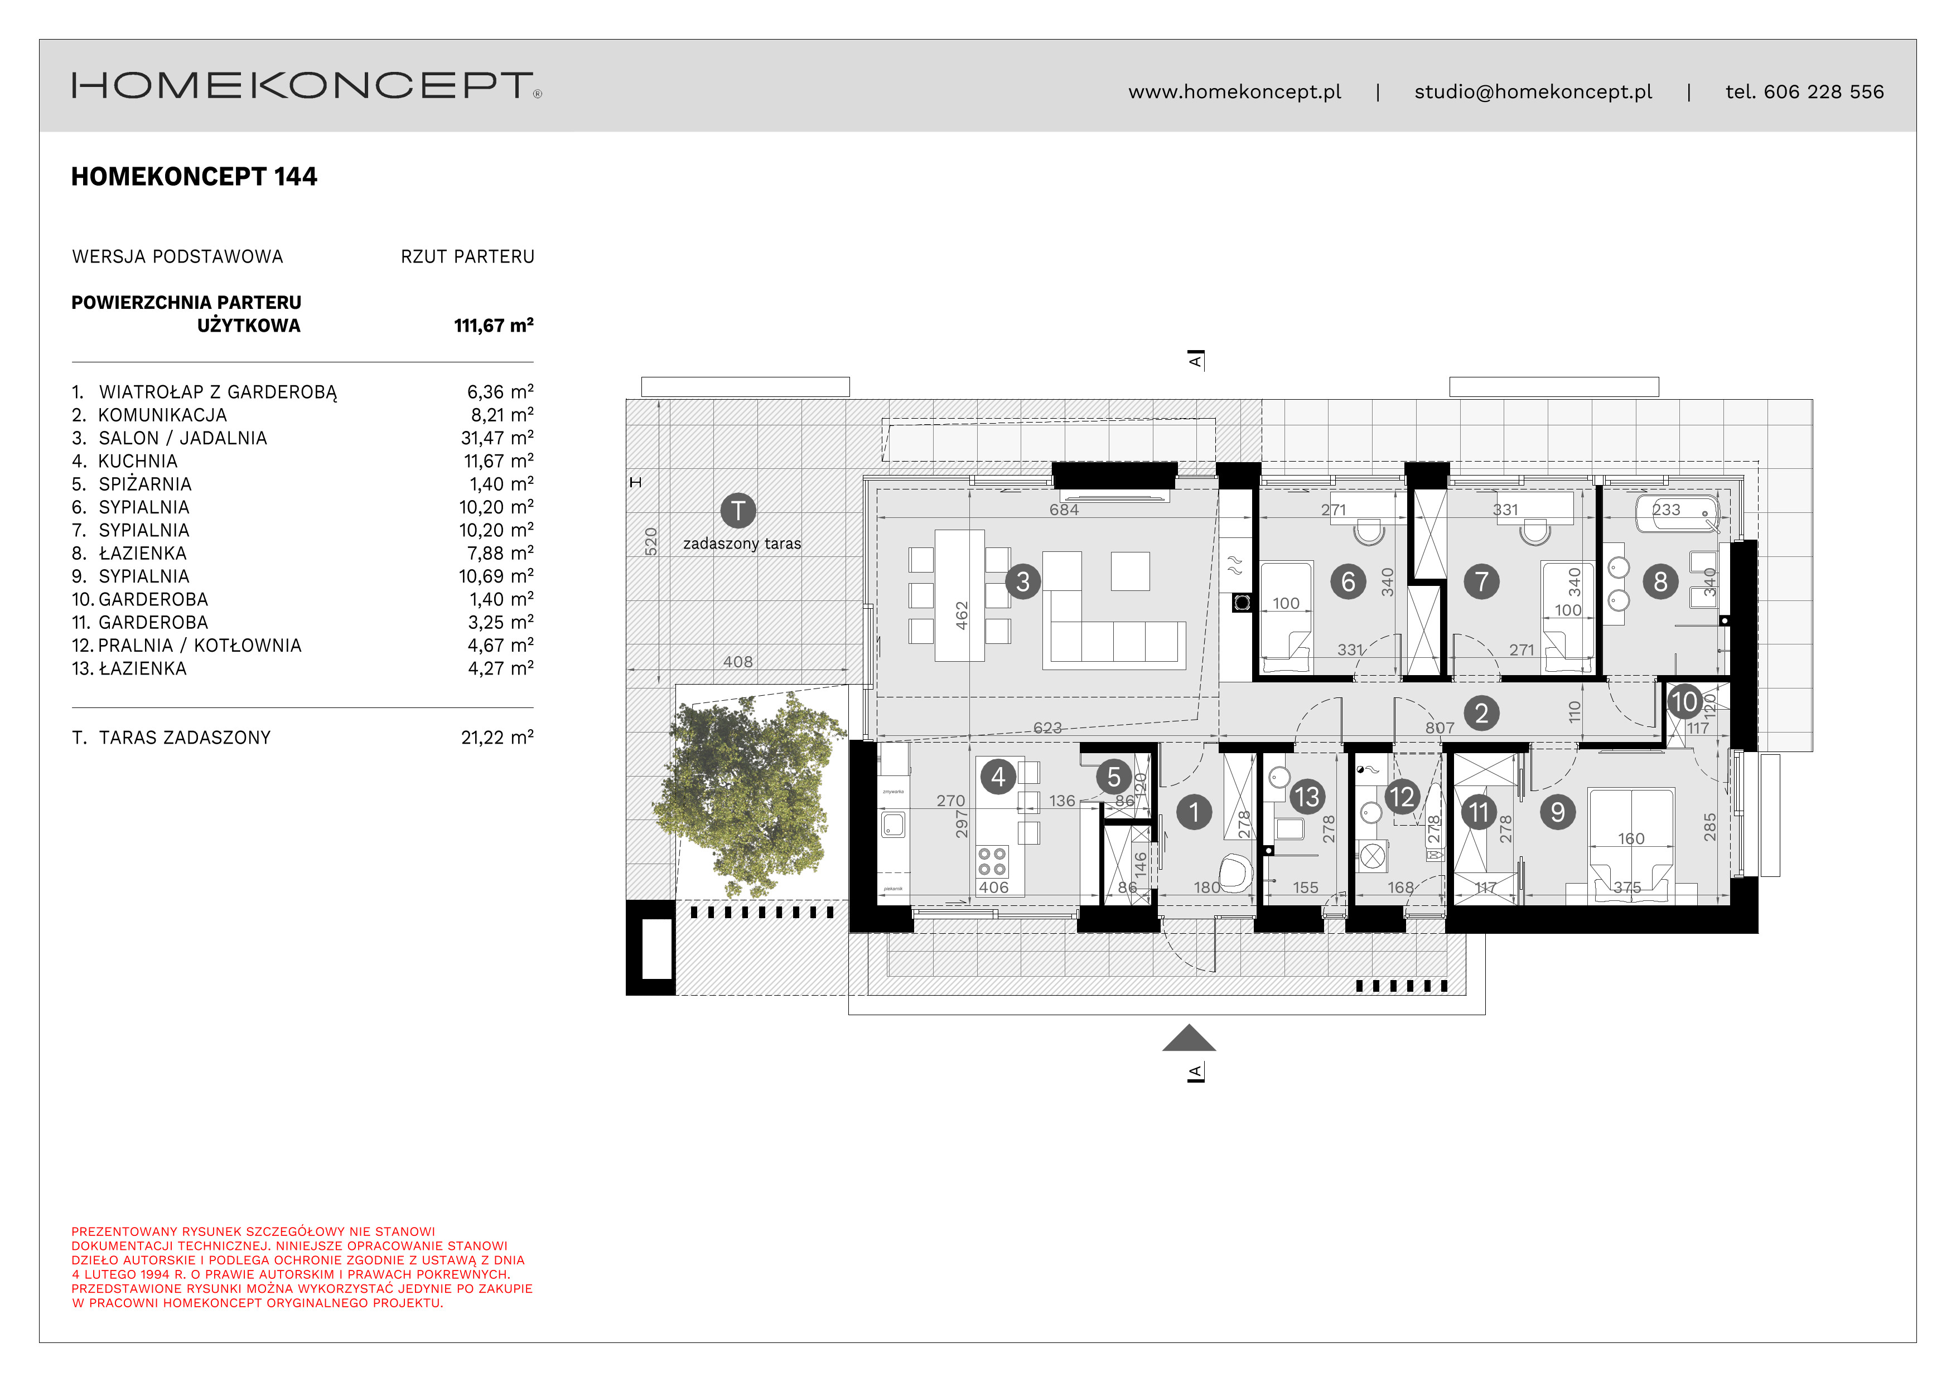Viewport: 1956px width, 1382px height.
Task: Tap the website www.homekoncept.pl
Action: [1234, 92]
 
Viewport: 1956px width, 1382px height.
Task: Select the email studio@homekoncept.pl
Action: [1533, 92]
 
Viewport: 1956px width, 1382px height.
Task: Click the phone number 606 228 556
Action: [1823, 92]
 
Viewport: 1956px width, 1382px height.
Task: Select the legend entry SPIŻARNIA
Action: [145, 484]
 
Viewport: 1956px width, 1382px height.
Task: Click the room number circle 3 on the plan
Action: [1022, 581]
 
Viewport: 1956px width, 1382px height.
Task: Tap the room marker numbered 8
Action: [1659, 581]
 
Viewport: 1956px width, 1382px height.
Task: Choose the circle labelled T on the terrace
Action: [738, 511]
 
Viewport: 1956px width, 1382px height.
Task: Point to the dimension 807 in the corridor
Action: [1439, 728]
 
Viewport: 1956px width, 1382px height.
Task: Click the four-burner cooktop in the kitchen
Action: [992, 861]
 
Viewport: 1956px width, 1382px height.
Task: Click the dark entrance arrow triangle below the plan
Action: [1189, 1040]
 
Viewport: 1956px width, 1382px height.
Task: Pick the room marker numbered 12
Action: [1402, 797]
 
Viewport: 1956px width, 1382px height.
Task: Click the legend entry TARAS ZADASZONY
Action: [184, 738]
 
